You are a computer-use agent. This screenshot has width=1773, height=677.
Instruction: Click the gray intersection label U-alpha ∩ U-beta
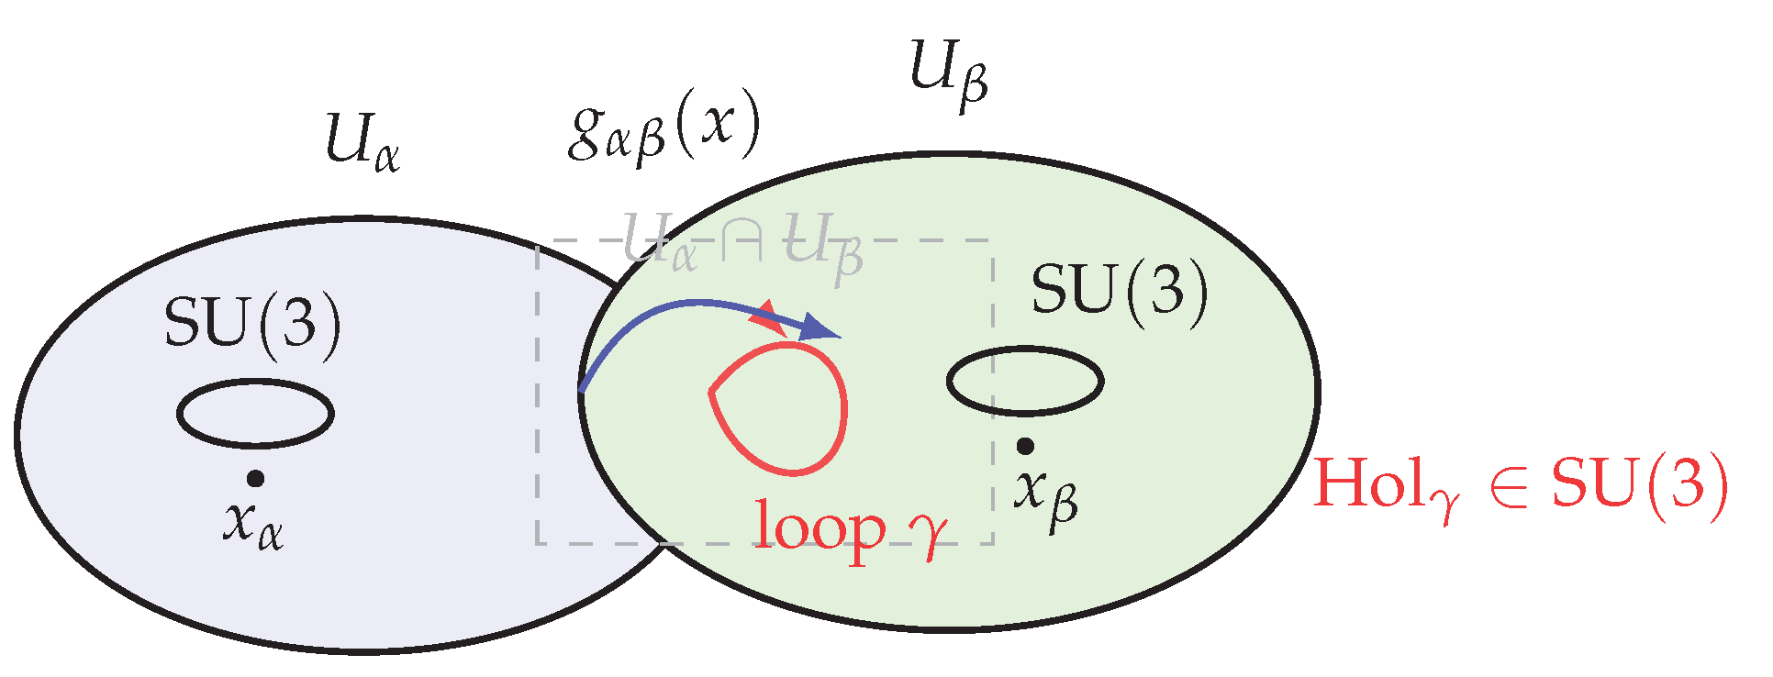pos(742,243)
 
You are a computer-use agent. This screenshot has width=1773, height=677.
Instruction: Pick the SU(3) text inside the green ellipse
pos(1119,291)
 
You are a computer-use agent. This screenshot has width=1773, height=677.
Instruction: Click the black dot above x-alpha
pos(256,478)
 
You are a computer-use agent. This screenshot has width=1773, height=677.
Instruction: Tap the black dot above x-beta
pos(1025,446)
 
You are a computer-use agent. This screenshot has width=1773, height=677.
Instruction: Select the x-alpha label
pos(252,526)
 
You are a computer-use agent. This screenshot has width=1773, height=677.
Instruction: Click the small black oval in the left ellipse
pos(255,414)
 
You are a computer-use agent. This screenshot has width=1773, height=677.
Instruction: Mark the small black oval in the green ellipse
pos(1024,381)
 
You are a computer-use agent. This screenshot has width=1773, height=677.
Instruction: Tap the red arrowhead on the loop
pos(767,320)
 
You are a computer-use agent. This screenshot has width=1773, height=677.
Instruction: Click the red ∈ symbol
pos(1506,486)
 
